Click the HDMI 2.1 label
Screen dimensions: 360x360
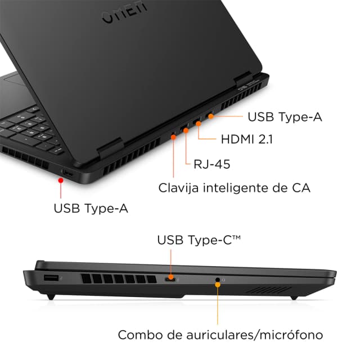246,139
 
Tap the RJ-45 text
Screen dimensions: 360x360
211,164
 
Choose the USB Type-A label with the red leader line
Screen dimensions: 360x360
91,208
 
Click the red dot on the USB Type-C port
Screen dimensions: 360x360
171,278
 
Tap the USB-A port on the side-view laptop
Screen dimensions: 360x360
51,278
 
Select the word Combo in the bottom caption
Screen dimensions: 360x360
136,335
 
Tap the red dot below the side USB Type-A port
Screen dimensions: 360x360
60,180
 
